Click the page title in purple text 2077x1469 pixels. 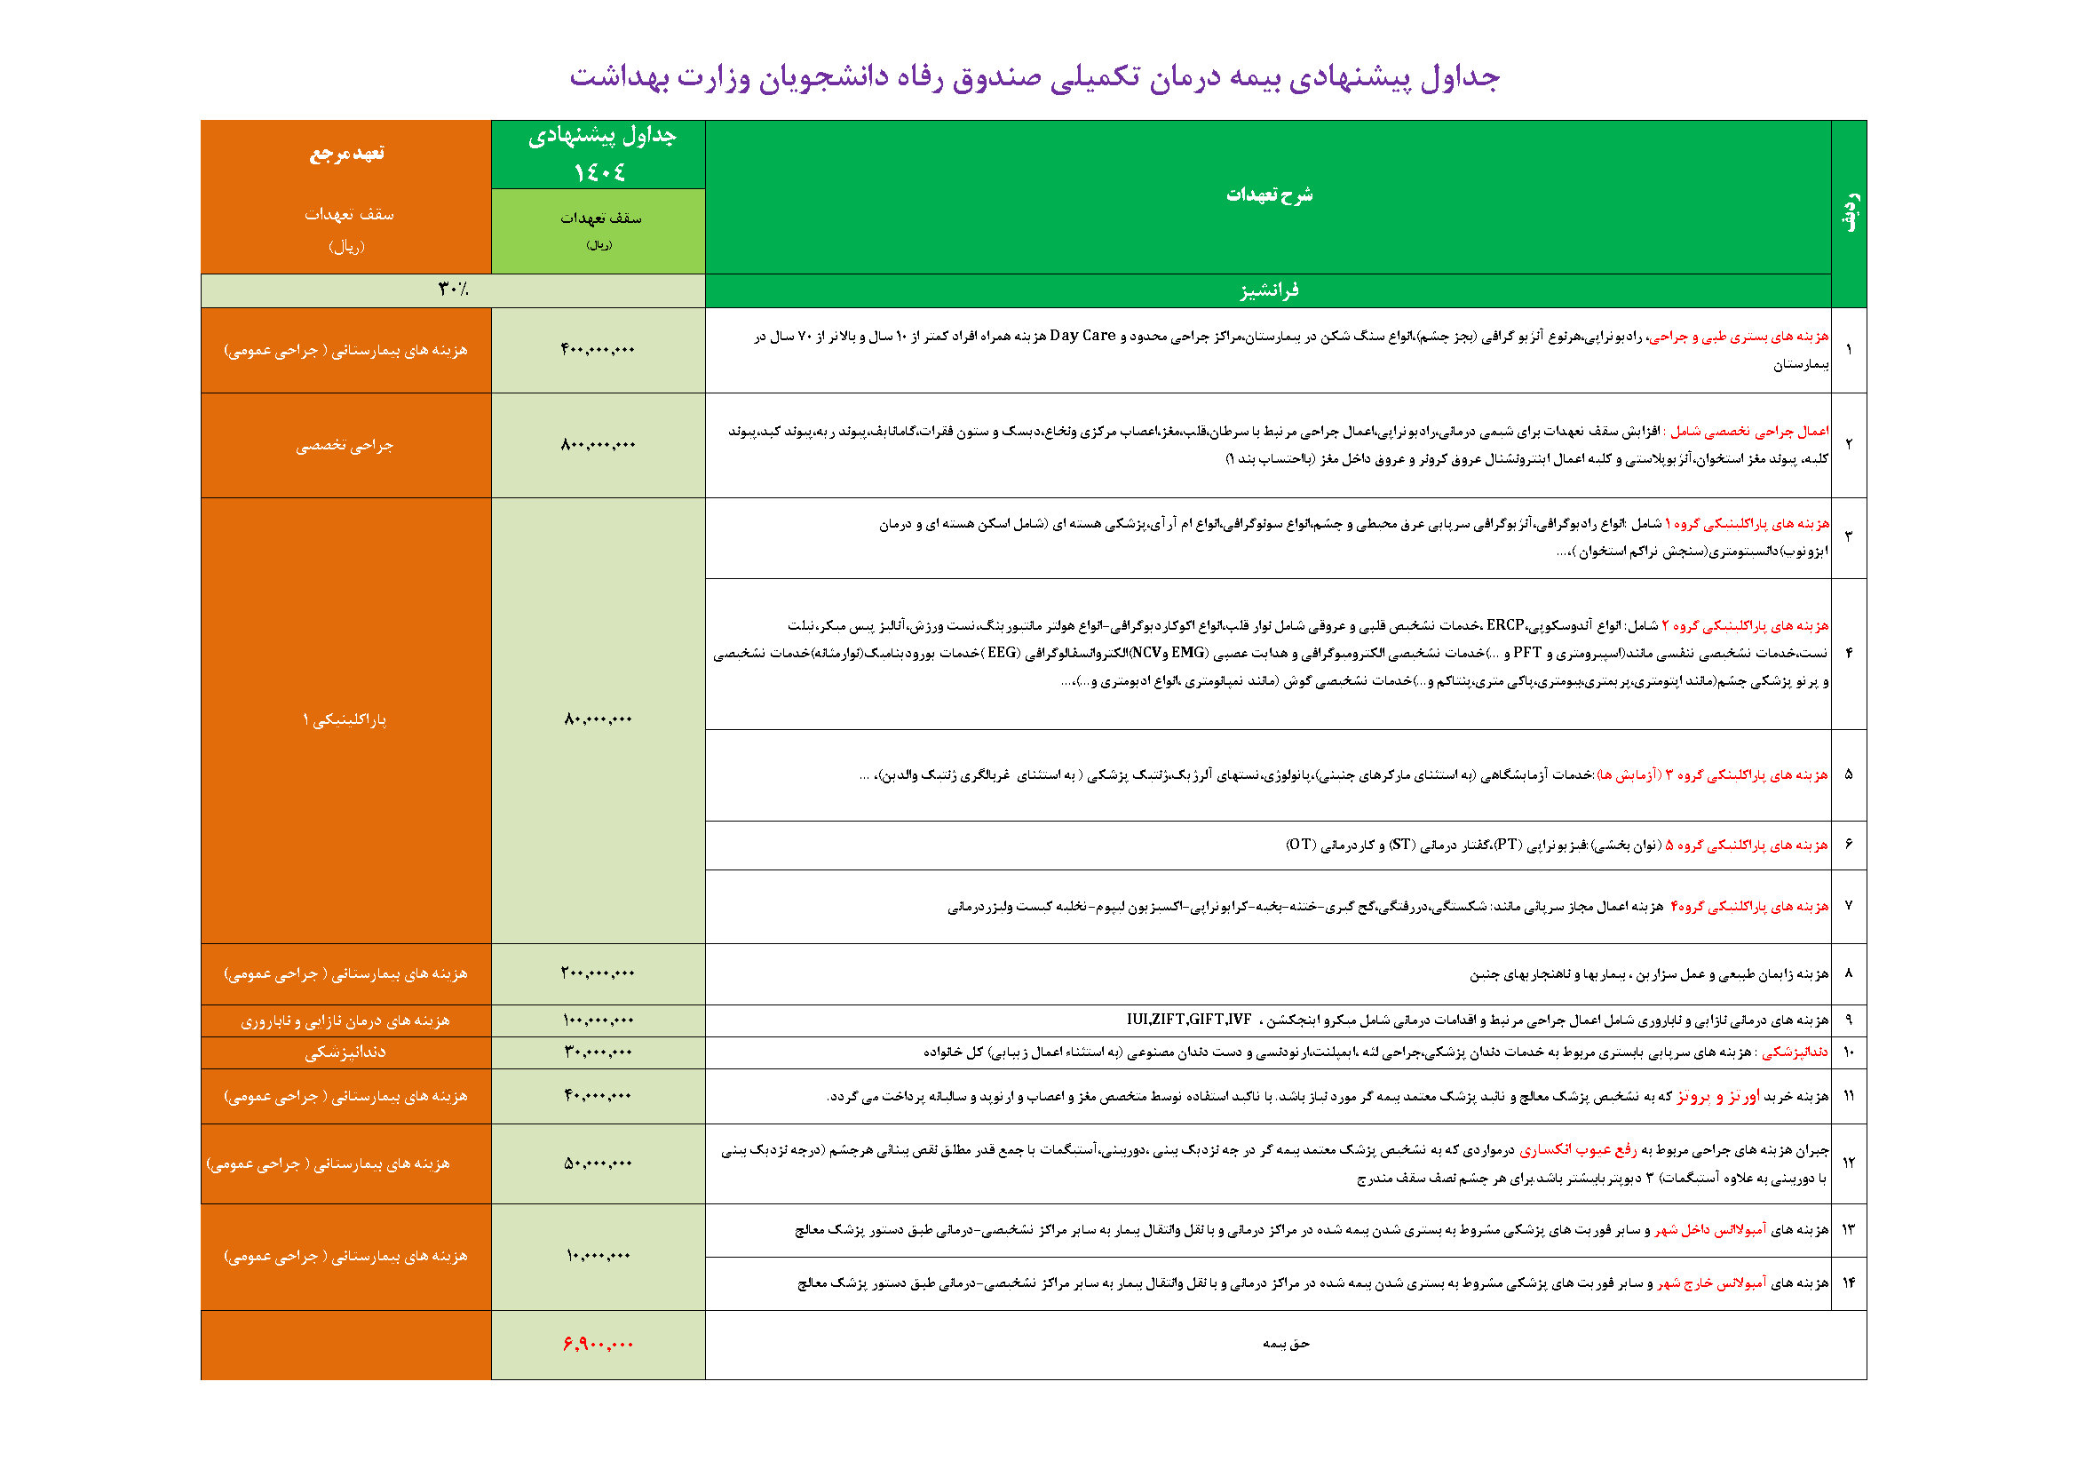(1034, 78)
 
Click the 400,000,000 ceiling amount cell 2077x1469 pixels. (598, 350)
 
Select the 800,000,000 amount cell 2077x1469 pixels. (598, 445)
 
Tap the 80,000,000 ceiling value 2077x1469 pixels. (598, 720)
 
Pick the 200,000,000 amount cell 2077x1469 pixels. (598, 973)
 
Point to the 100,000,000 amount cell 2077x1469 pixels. (598, 1020)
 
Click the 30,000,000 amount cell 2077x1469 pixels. (598, 1052)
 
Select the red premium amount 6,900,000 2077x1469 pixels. (598, 1344)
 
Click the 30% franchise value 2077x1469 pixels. (453, 290)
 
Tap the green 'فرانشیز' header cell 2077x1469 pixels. (1267, 290)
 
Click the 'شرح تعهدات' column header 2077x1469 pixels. (1268, 195)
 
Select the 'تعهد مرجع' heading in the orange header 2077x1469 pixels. (346, 153)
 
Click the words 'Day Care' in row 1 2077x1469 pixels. (1082, 336)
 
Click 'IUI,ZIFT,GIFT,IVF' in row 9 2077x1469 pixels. (1189, 1020)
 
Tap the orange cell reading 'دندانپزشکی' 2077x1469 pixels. (345, 1052)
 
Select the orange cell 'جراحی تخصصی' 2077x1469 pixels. (345, 445)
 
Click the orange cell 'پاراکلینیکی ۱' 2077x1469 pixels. (345, 720)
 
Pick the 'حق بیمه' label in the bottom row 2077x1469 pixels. (1286, 1344)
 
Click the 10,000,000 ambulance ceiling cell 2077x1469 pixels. (598, 1256)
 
